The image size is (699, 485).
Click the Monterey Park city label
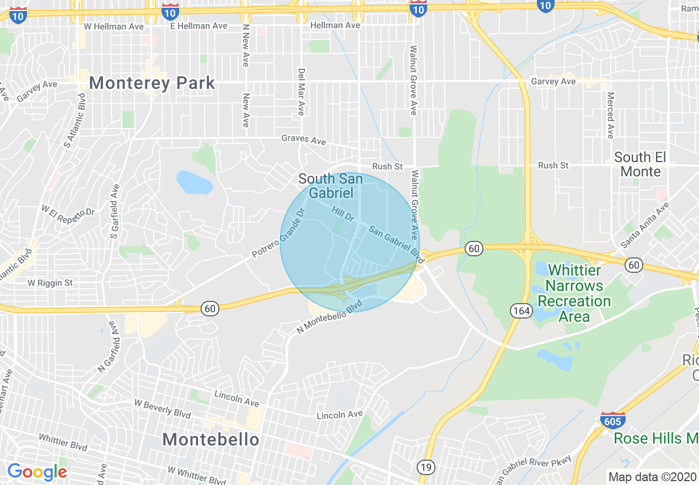(152, 83)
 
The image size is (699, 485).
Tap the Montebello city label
(211, 439)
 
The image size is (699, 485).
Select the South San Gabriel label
(330, 186)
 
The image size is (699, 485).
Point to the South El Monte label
(641, 164)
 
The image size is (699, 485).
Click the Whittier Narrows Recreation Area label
(574, 293)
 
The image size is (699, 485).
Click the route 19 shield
(426, 467)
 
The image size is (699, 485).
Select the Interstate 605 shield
(612, 421)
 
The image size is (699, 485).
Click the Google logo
(37, 472)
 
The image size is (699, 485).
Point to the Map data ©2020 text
(651, 477)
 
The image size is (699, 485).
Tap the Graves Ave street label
(303, 139)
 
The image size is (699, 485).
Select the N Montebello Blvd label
(329, 316)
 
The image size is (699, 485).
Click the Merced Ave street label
(610, 115)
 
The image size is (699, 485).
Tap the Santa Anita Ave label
(644, 225)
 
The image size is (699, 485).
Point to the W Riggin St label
(50, 283)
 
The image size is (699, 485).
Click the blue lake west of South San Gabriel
(193, 182)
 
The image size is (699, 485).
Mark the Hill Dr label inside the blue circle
(342, 214)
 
